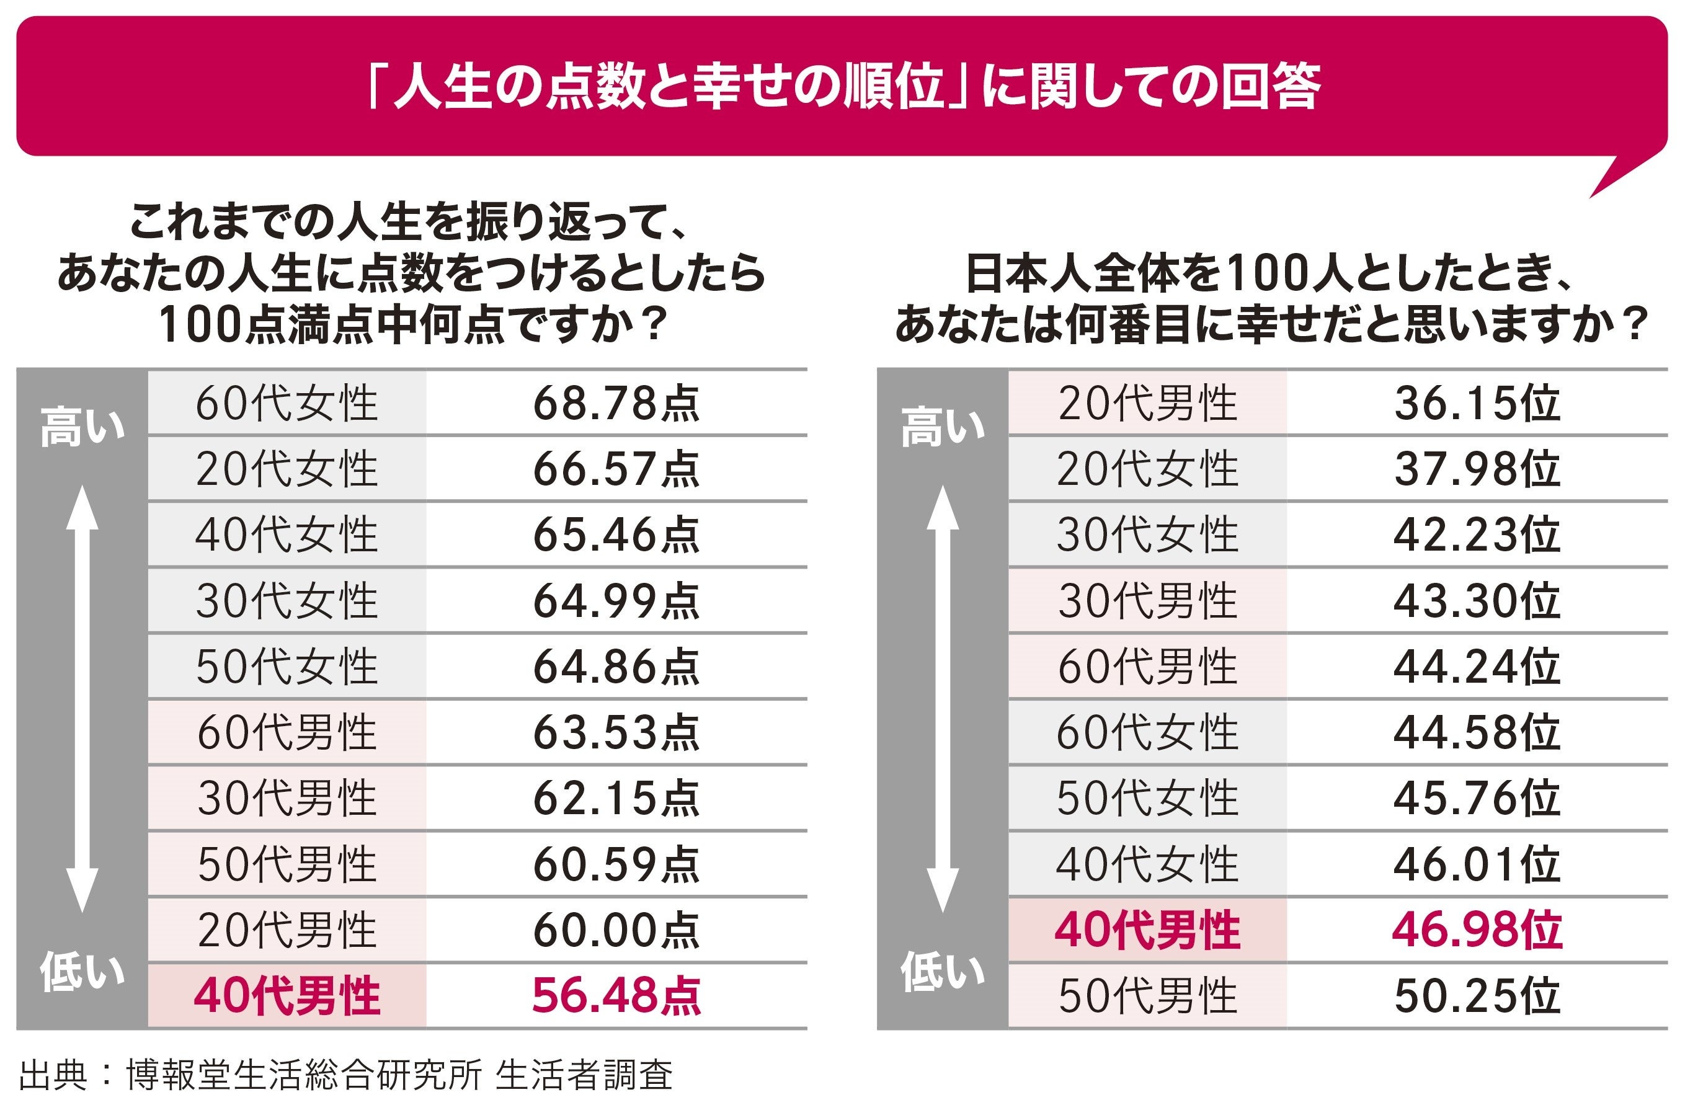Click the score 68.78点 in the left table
[616, 404]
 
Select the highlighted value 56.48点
[616, 996]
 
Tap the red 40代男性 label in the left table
[287, 996]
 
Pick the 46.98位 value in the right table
[1477, 931]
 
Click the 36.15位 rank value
[1477, 404]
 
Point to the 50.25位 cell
[1477, 996]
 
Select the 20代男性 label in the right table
[1147, 404]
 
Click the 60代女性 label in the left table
[287, 404]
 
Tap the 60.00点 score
[616, 931]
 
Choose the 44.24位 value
[1477, 667]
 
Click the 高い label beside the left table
[82, 427]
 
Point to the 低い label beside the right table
[943, 971]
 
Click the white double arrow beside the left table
[82, 699]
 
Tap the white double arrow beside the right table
[943, 699]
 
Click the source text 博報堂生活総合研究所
[305, 1075]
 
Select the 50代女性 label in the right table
[1147, 799]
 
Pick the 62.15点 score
[616, 799]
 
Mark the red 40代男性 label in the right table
[1147, 931]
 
